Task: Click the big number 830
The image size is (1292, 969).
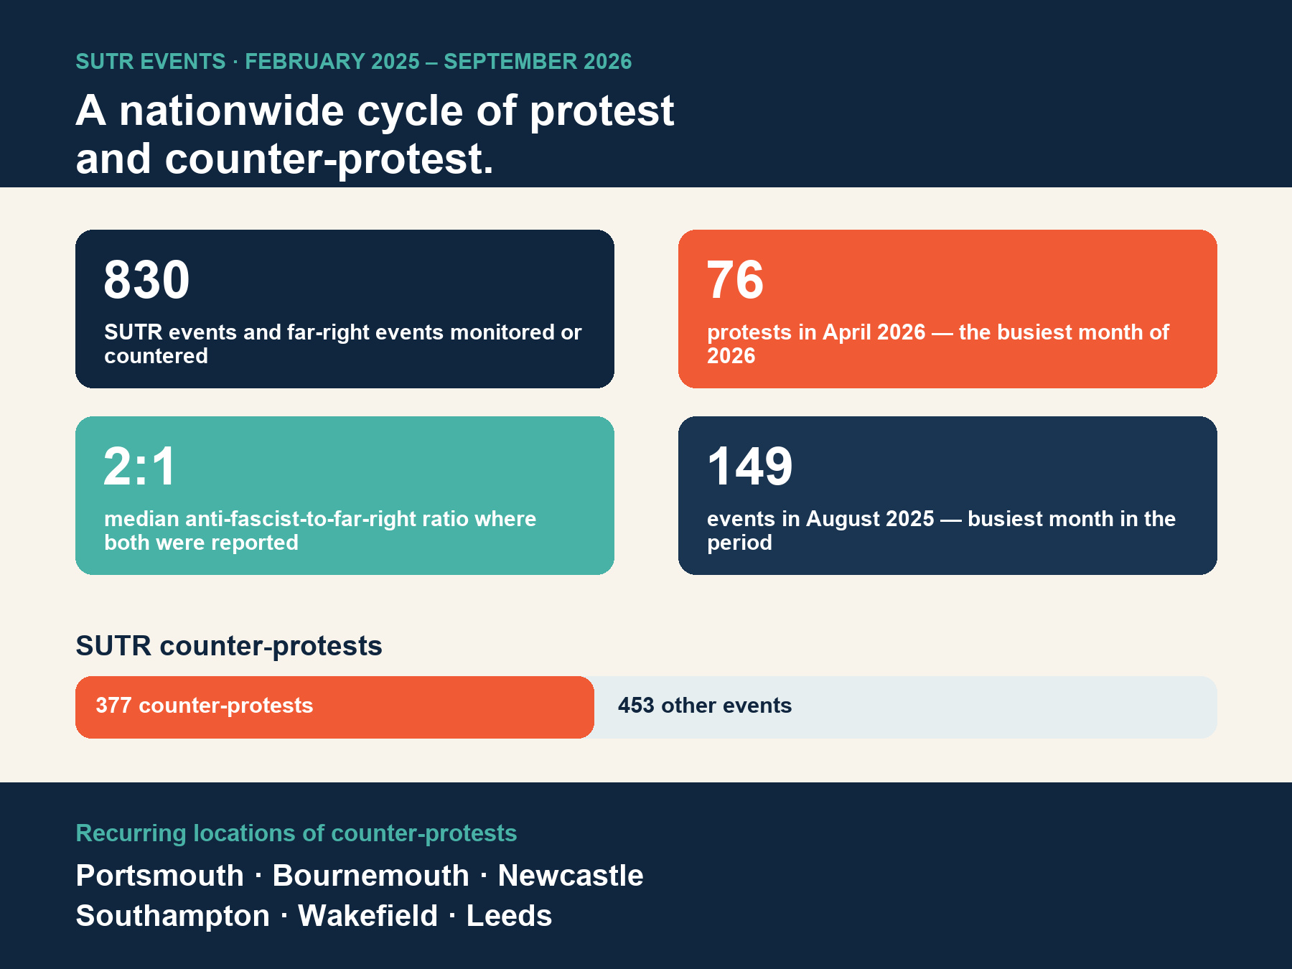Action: pos(146,279)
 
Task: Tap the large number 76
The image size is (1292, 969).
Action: pos(735,279)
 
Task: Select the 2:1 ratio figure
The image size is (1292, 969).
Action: pos(139,466)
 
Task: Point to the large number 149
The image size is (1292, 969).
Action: pos(749,466)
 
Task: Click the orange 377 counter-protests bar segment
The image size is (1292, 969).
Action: pos(334,707)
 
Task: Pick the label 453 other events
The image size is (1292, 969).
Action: pos(705,706)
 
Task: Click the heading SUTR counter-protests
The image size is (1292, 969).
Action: pos(229,646)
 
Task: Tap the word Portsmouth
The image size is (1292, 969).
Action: pos(160,876)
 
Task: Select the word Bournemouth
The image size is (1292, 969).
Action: pos(370,876)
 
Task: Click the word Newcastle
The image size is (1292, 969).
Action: pos(571,876)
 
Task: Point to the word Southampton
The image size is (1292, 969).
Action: pos(173,916)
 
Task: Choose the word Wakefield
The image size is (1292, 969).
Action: pos(368,916)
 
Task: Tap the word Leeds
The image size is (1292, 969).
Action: pos(509,916)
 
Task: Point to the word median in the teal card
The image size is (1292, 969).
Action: pos(141,519)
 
